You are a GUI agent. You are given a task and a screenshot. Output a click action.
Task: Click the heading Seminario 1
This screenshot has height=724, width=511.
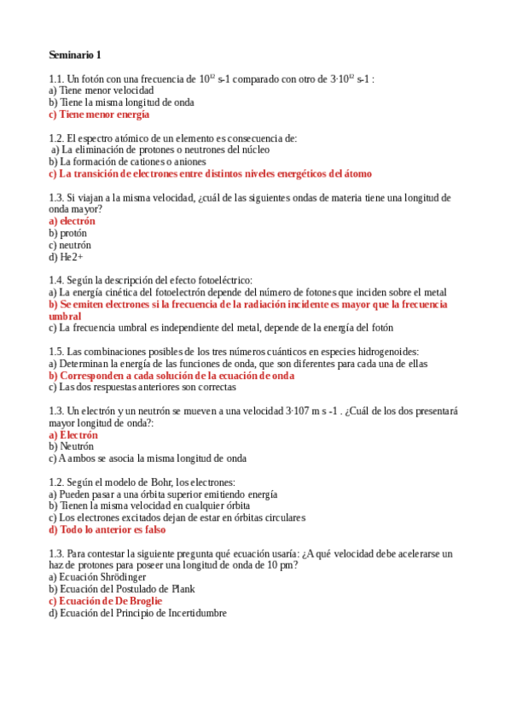pos(74,55)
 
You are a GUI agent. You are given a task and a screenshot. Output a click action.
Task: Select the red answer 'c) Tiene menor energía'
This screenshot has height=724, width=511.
pos(99,114)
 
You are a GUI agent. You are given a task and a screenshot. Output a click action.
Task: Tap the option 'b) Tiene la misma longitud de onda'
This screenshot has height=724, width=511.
pos(121,102)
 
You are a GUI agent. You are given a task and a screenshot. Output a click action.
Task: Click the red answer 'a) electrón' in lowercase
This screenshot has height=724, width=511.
pos(72,221)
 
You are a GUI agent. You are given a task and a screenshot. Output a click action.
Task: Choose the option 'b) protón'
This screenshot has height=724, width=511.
pos(67,233)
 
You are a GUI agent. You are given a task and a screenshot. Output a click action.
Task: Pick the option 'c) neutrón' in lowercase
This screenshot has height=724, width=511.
pos(70,245)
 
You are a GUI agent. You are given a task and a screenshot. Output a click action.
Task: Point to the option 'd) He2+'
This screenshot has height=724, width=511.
pos(66,257)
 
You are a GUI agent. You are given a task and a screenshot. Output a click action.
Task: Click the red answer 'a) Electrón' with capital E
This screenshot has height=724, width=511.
pos(73,435)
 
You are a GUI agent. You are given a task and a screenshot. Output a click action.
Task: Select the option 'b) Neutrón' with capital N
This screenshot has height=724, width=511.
pos(72,446)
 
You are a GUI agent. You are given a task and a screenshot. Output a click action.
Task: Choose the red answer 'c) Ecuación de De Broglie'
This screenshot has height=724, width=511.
pos(105,600)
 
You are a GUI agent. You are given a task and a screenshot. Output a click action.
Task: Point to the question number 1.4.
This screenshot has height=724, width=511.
pos(56,280)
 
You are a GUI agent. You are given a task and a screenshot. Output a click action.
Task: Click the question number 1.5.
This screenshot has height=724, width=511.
pos(56,351)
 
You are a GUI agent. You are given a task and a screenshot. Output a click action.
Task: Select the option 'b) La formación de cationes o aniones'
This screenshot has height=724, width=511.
pos(127,161)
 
